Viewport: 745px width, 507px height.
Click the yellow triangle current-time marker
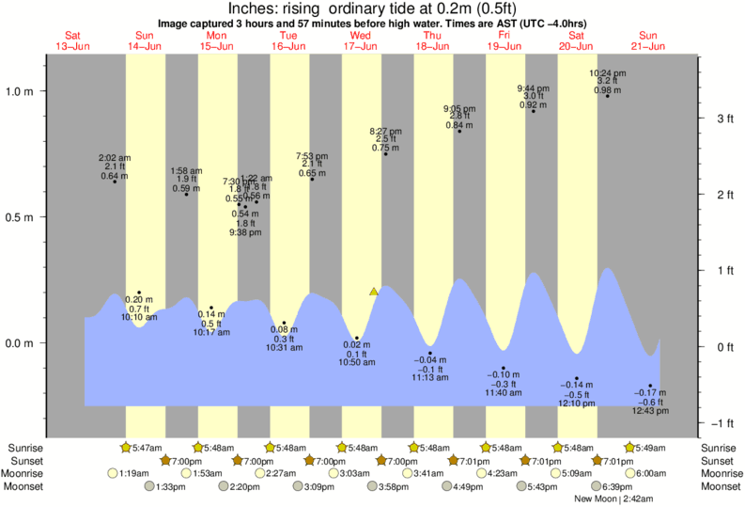[374, 292]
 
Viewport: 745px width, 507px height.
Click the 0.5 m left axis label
[21, 217]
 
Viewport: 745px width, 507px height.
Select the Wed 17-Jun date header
[361, 40]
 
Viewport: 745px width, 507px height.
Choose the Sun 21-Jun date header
[648, 40]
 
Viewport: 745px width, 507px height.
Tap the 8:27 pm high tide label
[385, 132]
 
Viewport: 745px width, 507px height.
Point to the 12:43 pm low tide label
[650, 411]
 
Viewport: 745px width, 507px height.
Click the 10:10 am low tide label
[139, 317]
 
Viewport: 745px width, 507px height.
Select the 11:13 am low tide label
[430, 377]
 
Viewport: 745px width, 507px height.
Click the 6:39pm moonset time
[617, 486]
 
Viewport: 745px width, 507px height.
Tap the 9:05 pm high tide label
[458, 108]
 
